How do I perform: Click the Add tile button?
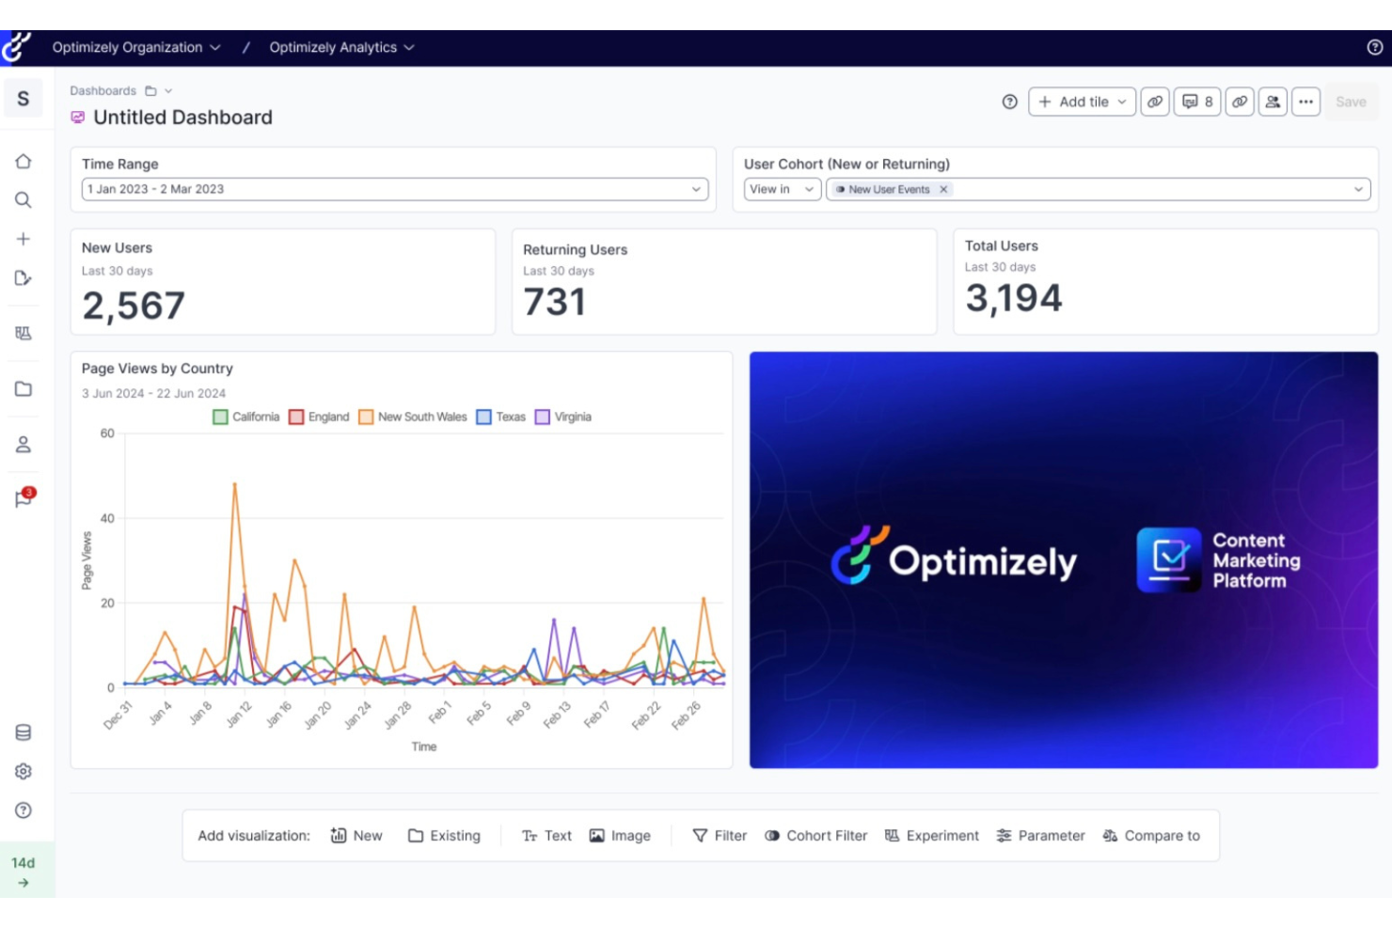[1082, 102]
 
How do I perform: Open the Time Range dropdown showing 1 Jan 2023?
[394, 189]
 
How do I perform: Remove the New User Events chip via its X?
[943, 189]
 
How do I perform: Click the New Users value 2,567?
[134, 306]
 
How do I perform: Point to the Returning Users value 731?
[555, 303]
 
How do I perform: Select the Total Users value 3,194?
[1014, 299]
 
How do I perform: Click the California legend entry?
[246, 417]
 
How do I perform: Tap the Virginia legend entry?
[563, 417]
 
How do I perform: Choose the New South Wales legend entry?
[413, 417]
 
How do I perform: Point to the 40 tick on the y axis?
[107, 518]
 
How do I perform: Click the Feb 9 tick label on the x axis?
[518, 714]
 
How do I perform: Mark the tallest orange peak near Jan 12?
[234, 483]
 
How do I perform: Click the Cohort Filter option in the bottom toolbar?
[815, 836]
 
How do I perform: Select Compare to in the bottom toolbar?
[1151, 836]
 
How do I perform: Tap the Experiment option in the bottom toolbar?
[932, 836]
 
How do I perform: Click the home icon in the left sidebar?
[24, 162]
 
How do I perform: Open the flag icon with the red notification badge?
[24, 498]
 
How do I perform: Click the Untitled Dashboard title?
[182, 118]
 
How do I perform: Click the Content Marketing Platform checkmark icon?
[1169, 559]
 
